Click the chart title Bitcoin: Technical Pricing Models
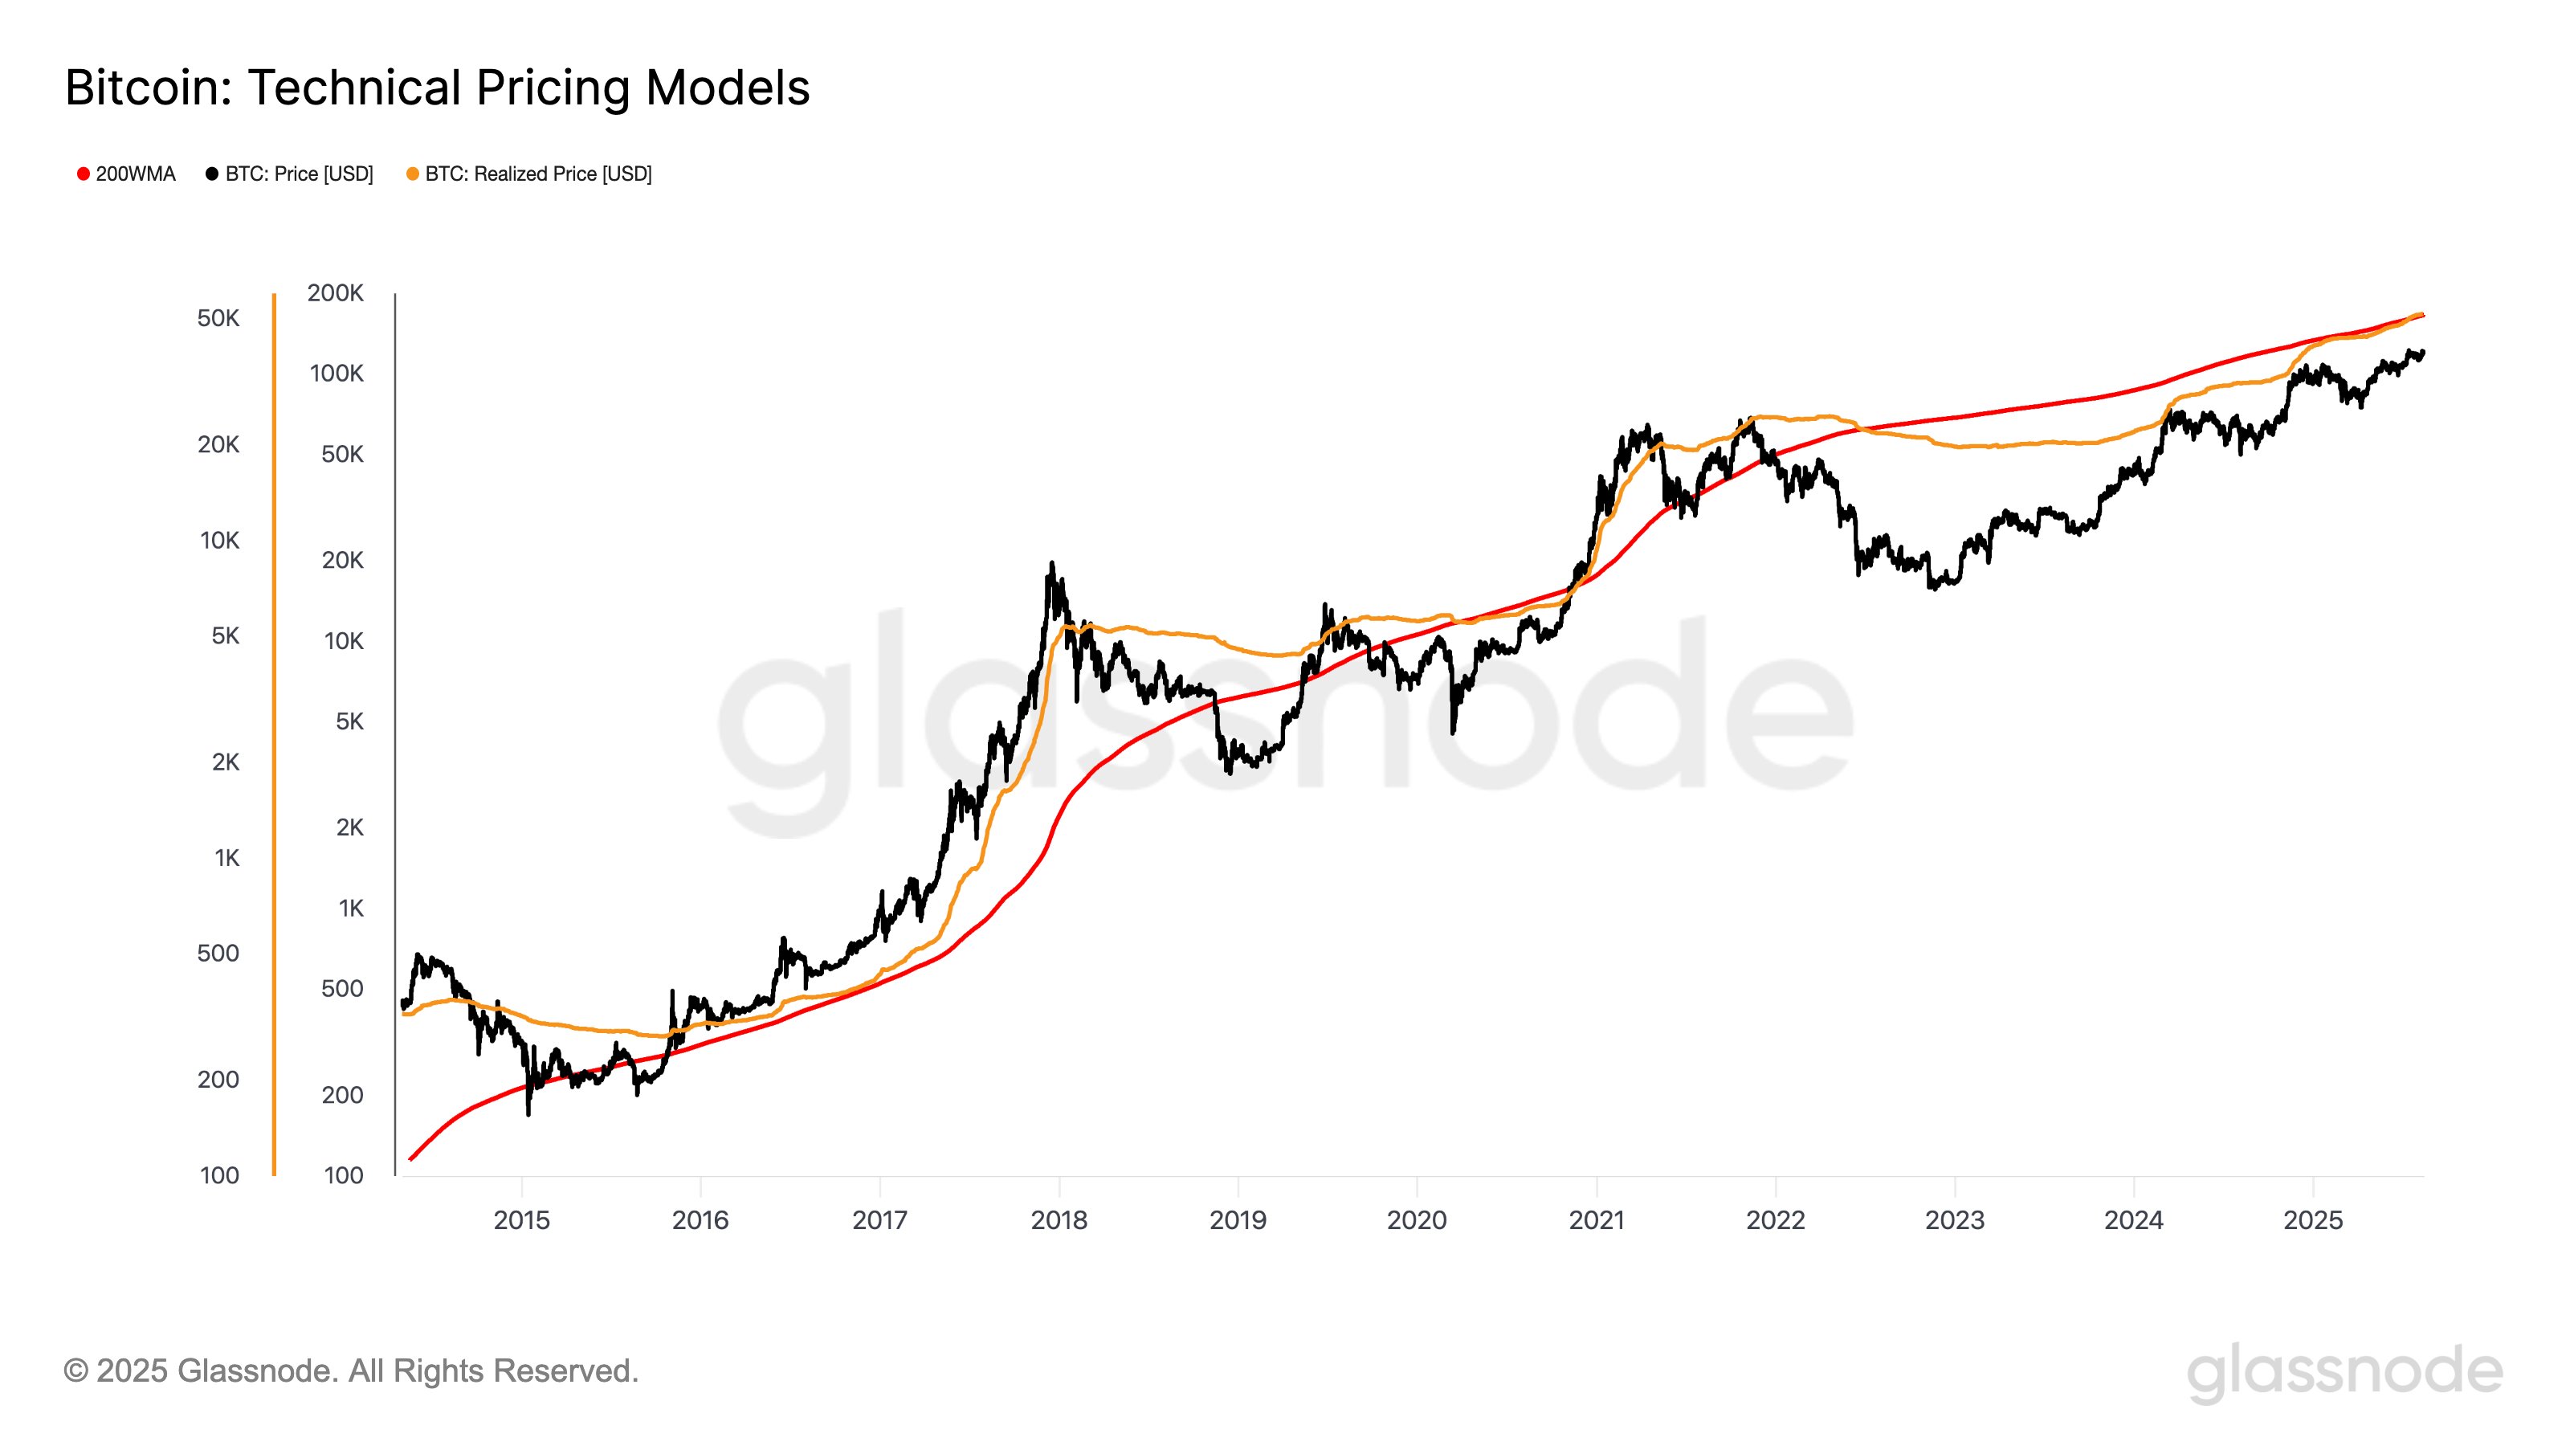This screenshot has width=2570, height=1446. (x=437, y=88)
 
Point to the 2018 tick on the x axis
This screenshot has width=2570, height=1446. (x=1059, y=1219)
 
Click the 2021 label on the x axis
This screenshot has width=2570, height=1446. (x=1597, y=1219)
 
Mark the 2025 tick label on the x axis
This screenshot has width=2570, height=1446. (x=2313, y=1219)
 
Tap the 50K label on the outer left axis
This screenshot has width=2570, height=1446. (x=218, y=318)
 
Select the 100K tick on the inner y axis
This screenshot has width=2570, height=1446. (x=337, y=374)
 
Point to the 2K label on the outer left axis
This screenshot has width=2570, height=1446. (x=226, y=762)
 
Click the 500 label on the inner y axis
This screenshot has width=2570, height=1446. (x=341, y=989)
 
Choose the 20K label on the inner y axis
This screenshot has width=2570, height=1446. (x=342, y=560)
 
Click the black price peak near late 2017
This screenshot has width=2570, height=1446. (x=1050, y=565)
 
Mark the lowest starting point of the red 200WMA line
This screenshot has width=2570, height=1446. (x=410, y=1159)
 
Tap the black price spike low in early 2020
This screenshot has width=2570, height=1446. (x=1453, y=732)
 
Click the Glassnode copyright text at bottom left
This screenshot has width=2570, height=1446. (x=351, y=1371)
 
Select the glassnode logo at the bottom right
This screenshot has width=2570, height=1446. (x=2344, y=1373)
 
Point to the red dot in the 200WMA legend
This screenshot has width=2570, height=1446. (x=84, y=174)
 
